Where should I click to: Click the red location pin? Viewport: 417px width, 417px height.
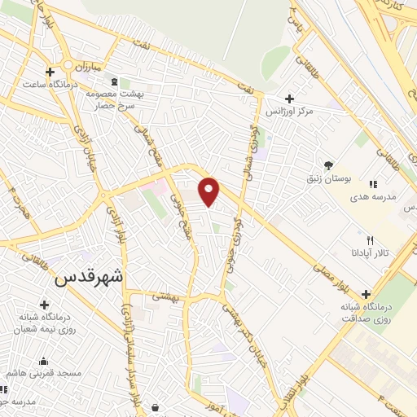coord(209,191)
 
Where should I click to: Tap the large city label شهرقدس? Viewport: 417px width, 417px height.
coord(89,277)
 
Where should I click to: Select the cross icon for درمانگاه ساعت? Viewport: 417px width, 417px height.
coord(51,72)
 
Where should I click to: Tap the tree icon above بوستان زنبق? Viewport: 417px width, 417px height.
coord(329,164)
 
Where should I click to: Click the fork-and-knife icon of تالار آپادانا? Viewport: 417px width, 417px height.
coord(371,240)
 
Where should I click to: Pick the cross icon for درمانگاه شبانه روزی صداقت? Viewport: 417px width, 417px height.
coord(365,294)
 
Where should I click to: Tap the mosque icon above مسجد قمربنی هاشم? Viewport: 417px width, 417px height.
coord(42,362)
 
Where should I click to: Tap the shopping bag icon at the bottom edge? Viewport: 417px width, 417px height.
coord(154,407)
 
